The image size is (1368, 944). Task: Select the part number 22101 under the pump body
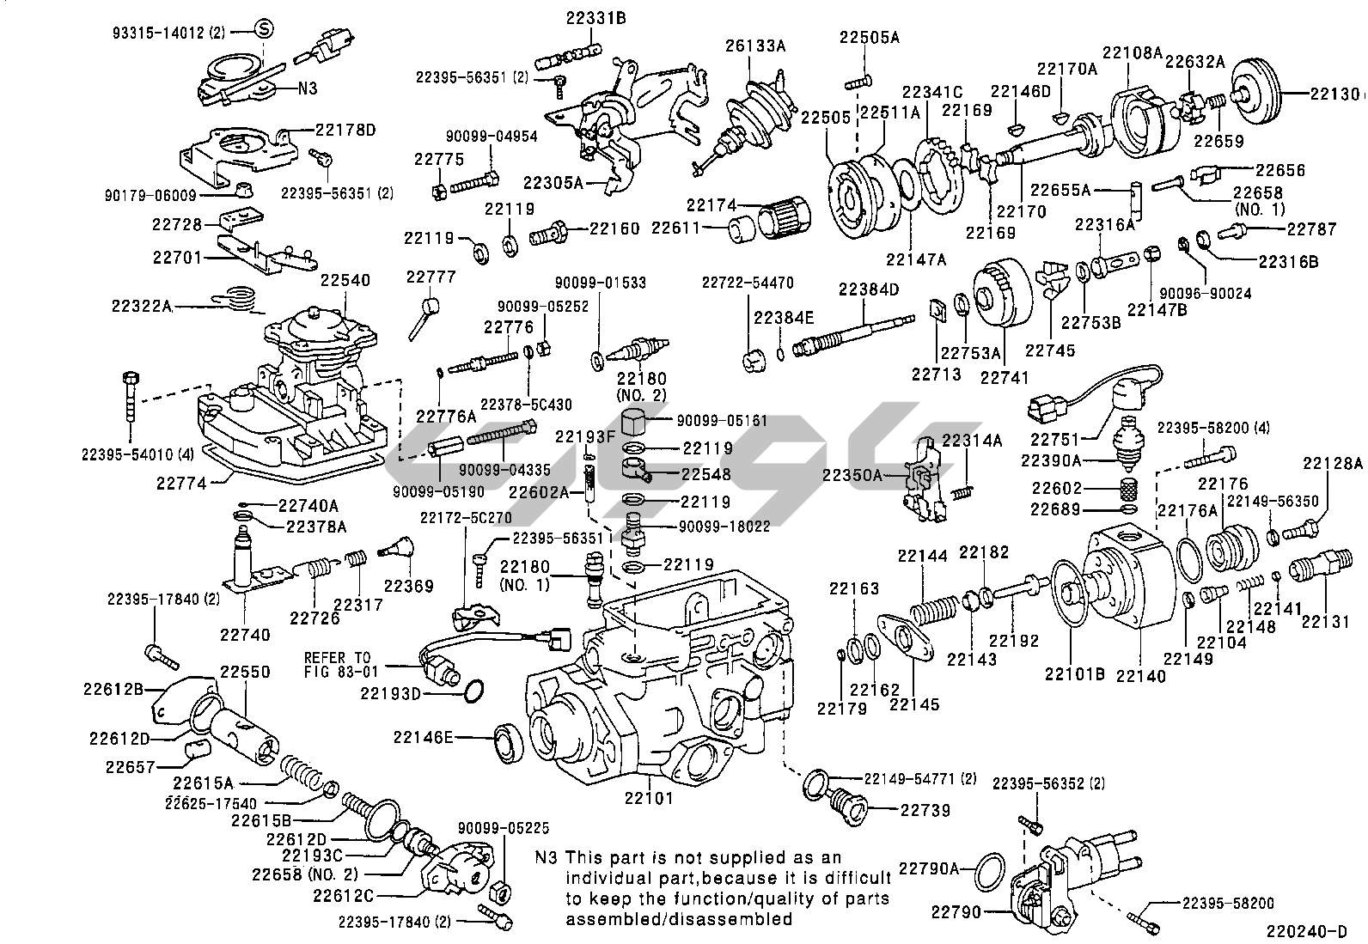pos(648,798)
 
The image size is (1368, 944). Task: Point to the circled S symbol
pos(265,30)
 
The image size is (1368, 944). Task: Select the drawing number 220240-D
pos(1306,930)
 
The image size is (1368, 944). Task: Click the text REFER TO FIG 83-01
pos(338,664)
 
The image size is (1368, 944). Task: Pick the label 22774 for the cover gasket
pos(181,483)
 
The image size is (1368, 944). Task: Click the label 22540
pos(345,281)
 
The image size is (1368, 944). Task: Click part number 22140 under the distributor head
pos(1141,676)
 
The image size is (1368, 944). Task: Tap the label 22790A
pos(929,868)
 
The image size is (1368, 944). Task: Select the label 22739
pos(925,810)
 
